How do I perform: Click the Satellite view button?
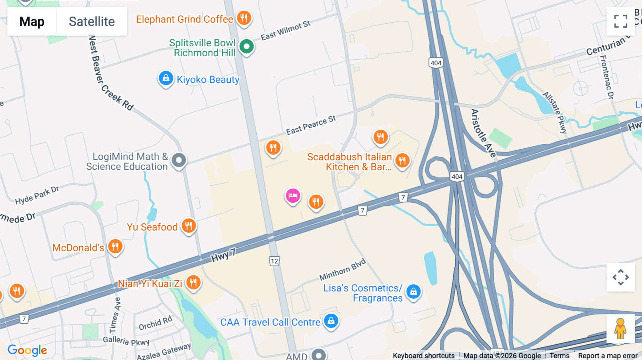(92, 21)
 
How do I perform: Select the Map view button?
(32, 21)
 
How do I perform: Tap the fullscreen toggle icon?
(621, 21)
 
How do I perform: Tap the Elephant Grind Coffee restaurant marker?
(244, 18)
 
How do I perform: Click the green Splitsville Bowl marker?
(246, 46)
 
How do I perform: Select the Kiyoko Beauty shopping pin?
(166, 78)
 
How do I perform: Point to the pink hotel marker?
(293, 196)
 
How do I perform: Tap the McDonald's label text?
(78, 248)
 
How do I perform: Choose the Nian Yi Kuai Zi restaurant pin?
(193, 283)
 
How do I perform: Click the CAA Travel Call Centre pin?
(331, 321)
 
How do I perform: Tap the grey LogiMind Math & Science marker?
(179, 160)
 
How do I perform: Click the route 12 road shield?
(274, 261)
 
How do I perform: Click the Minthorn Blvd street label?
(342, 269)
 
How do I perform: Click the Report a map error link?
(608, 356)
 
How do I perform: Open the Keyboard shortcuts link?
(424, 356)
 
